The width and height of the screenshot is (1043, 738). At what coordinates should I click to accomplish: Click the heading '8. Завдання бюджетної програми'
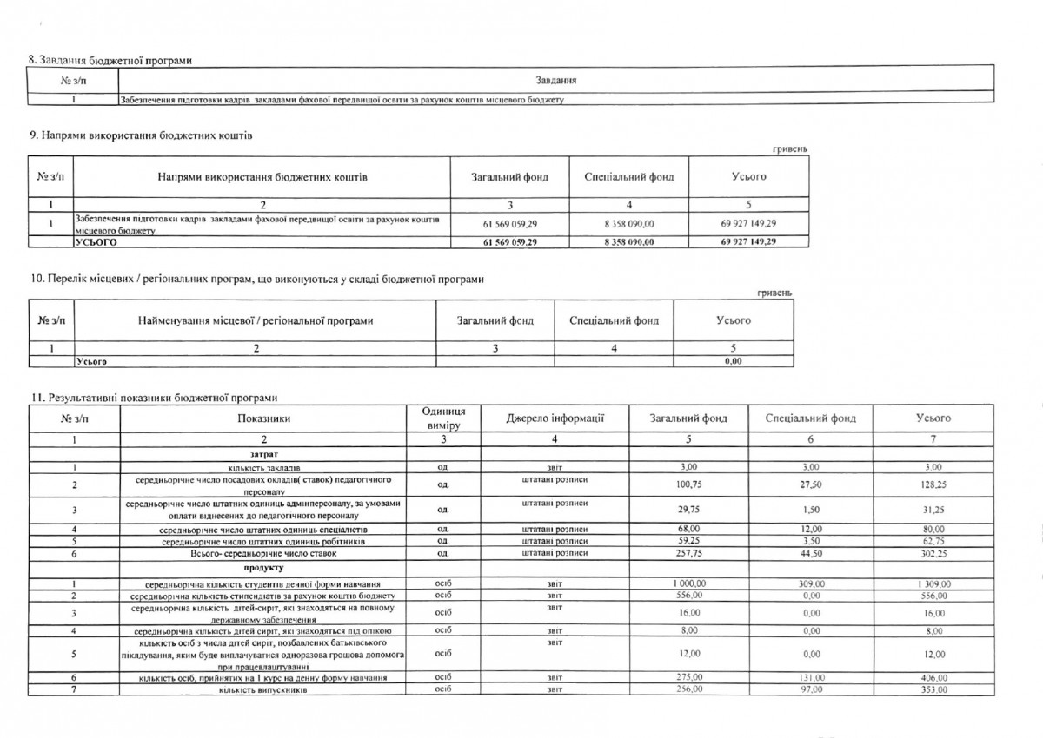(x=110, y=59)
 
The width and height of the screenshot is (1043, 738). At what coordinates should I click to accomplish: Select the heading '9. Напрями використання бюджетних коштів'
(x=142, y=135)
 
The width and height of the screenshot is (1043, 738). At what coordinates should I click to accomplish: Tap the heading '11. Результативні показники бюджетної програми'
(x=154, y=398)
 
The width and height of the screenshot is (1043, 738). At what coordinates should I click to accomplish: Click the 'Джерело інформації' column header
(x=555, y=418)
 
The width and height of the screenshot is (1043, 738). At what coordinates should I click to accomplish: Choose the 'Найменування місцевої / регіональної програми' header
(x=256, y=321)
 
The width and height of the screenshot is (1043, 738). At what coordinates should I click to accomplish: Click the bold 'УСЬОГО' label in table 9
(x=96, y=242)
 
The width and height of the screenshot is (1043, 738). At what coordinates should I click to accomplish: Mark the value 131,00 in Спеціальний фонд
(x=810, y=677)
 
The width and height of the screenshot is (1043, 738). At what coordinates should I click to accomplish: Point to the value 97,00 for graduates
(x=810, y=689)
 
